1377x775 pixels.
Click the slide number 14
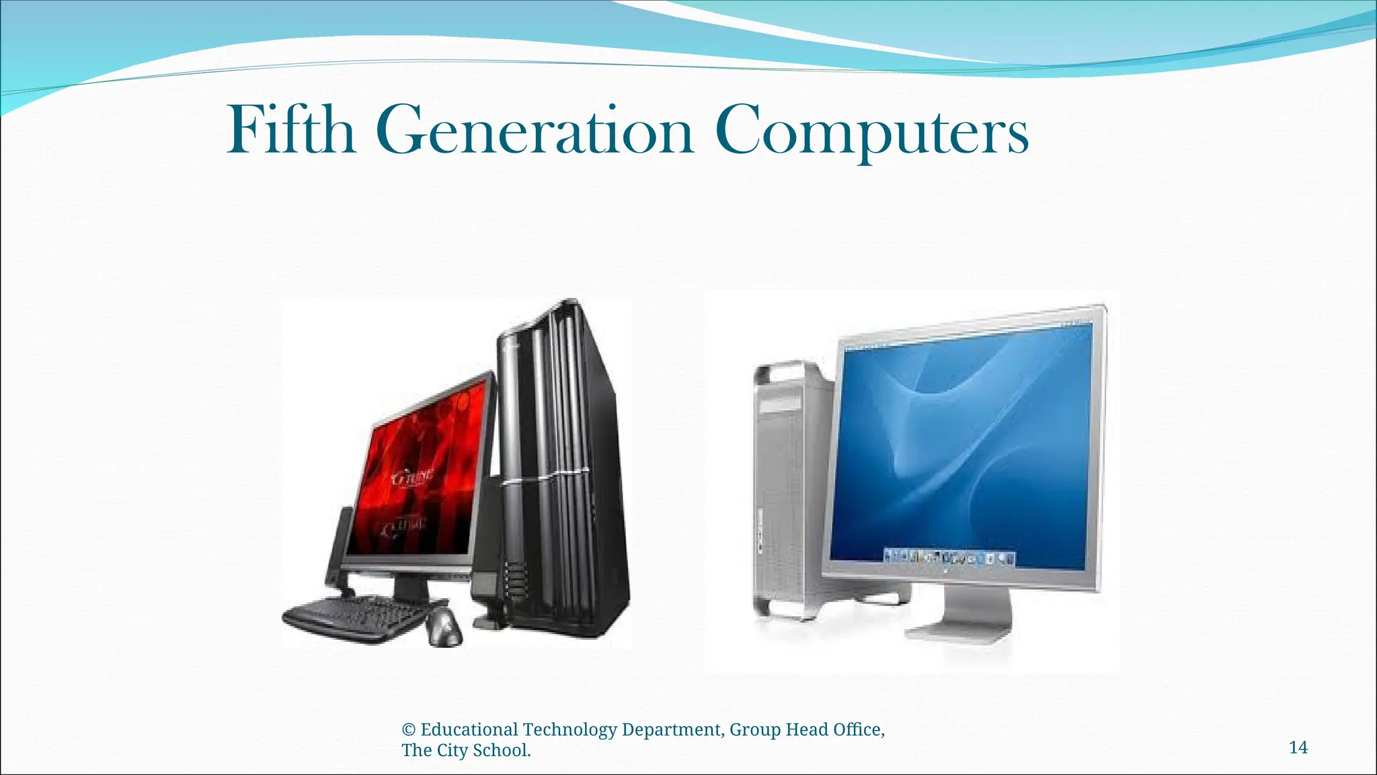(1298, 747)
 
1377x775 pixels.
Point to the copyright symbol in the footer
(408, 730)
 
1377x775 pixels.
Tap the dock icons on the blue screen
(949, 556)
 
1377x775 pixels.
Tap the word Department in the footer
(673, 730)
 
